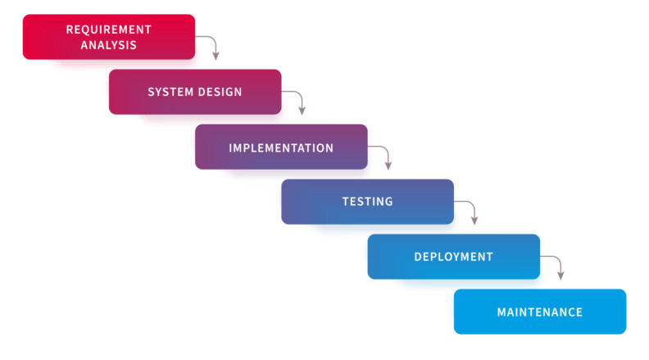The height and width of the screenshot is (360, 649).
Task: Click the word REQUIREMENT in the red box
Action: tap(109, 30)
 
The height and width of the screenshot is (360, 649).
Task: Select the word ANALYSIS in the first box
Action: tap(109, 45)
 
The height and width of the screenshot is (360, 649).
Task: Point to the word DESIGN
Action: tap(220, 92)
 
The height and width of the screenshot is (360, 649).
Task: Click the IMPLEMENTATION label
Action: tap(281, 148)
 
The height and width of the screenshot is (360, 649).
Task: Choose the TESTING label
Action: tap(367, 202)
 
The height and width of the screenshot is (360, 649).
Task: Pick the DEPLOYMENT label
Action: tap(453, 257)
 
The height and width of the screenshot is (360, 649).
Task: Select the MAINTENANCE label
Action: tap(540, 312)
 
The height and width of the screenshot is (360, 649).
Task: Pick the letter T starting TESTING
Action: tap(346, 202)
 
